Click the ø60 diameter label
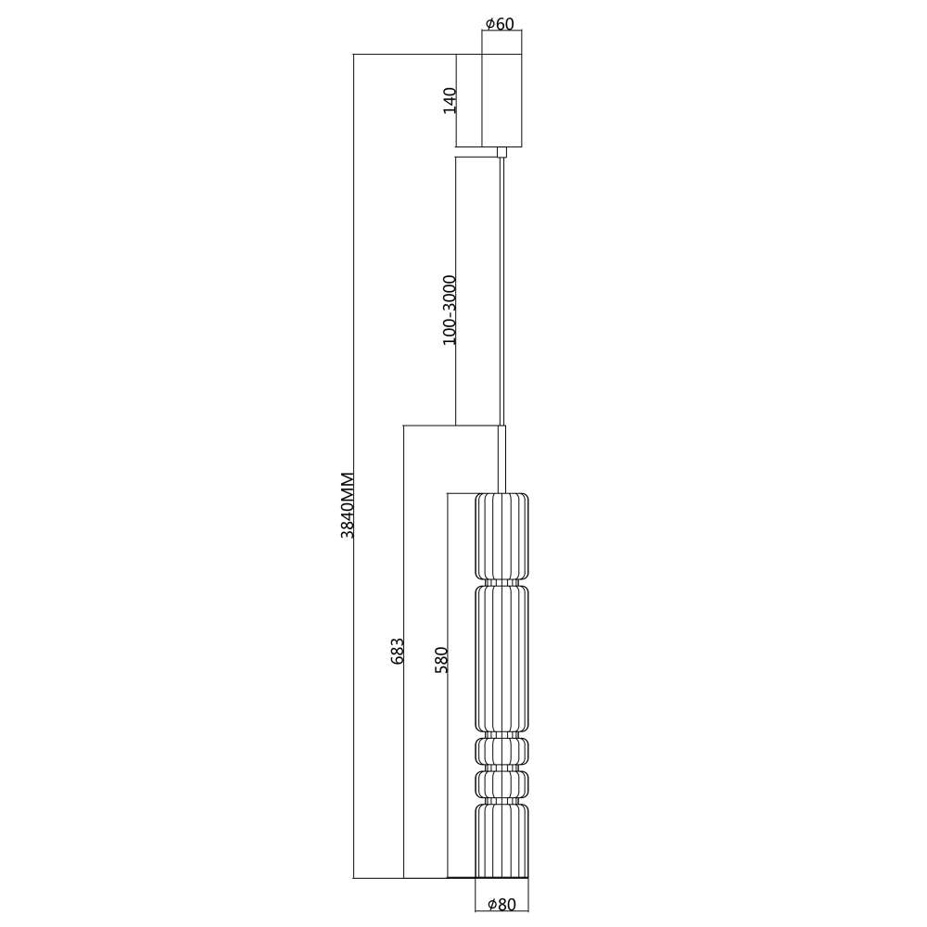[x=500, y=24]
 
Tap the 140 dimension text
[x=451, y=100]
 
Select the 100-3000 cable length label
[x=450, y=310]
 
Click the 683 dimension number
[x=398, y=651]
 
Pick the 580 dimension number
[x=441, y=660]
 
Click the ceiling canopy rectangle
[x=502, y=100]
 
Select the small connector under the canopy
[x=502, y=152]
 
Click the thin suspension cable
[x=502, y=291]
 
